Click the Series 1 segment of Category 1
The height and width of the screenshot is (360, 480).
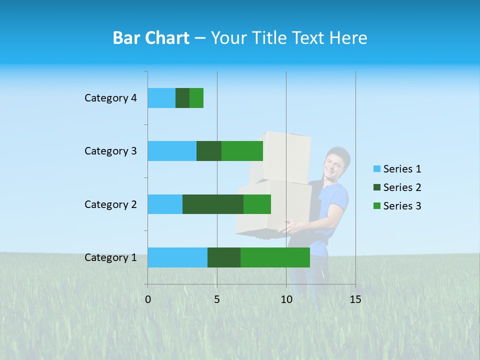[177, 257]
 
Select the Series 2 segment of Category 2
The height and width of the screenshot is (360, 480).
[213, 204]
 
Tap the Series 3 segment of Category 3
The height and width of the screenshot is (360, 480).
[242, 151]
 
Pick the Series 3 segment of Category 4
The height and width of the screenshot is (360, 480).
[196, 98]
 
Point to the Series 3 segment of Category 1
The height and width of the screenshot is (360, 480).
[275, 257]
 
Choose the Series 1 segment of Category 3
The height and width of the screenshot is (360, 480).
[172, 151]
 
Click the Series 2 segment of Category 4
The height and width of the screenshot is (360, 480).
[182, 98]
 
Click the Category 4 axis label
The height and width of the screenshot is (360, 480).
[110, 98]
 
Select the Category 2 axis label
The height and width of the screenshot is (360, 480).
[110, 204]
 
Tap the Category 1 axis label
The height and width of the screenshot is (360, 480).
[110, 257]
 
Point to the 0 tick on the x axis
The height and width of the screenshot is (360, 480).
[148, 299]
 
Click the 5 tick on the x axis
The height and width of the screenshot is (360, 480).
[217, 299]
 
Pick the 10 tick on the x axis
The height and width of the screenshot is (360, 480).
[286, 299]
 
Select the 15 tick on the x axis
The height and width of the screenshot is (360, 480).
[355, 299]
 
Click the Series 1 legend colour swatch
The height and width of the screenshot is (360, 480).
[377, 169]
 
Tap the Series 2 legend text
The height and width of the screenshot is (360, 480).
[402, 187]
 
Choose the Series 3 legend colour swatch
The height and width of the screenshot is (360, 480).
[377, 206]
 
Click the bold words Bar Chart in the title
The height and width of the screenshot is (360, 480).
[151, 38]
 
